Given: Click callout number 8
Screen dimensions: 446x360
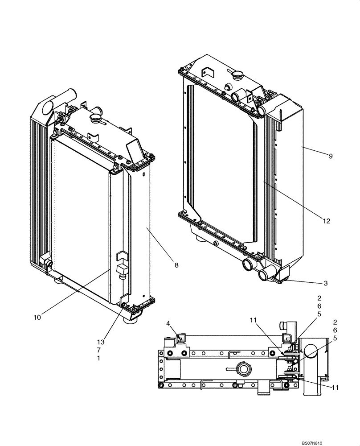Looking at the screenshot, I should (x=176, y=265).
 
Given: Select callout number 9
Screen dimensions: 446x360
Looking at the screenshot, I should (x=331, y=156).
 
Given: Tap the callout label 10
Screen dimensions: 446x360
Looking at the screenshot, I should (x=37, y=317).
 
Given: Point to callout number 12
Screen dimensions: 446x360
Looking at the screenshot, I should (x=327, y=221).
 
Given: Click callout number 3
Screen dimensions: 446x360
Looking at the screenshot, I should (x=326, y=283).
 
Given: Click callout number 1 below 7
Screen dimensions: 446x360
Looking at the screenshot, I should (x=98, y=358).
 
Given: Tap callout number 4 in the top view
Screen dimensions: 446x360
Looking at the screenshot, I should (x=168, y=323).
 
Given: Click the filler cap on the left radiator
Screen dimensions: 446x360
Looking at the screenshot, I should (x=96, y=119).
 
